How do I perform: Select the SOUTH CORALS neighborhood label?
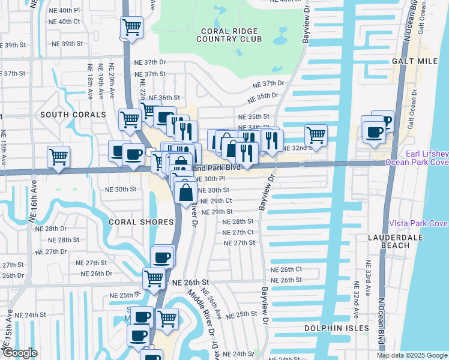64,114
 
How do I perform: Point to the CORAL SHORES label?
133,221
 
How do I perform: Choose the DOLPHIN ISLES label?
334,328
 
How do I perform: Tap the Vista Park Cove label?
418,223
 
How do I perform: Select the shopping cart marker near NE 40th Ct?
131,27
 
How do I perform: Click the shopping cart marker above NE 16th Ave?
58,157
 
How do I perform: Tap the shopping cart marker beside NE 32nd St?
316,134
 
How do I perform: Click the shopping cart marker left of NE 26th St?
154,278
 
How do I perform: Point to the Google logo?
20,353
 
